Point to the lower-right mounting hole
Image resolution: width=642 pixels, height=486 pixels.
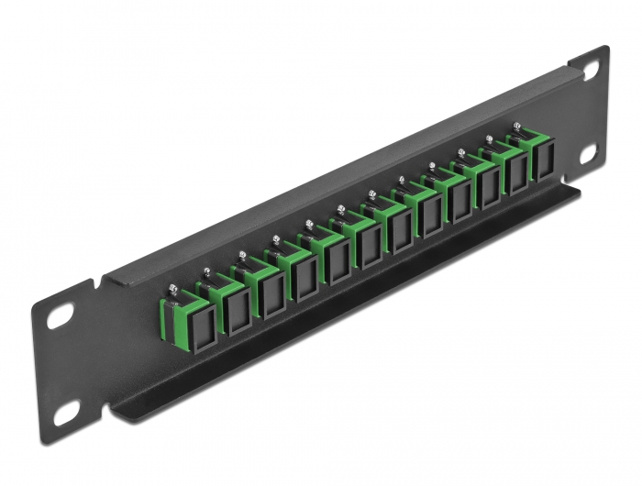(587, 150)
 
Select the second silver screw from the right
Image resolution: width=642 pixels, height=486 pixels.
(489, 140)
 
